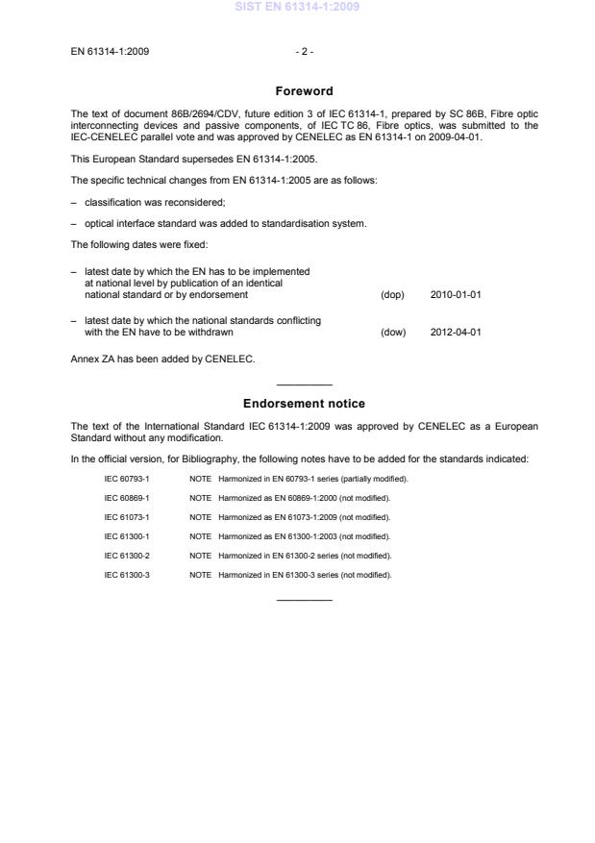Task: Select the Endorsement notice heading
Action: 304,404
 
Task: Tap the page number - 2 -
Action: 305,50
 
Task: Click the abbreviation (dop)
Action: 393,294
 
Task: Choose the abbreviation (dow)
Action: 393,333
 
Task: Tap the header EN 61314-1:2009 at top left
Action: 110,50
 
